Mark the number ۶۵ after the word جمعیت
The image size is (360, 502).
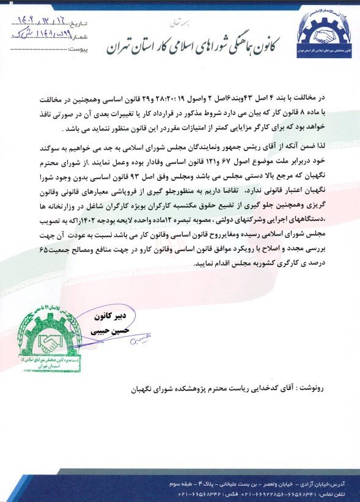pos(200,253)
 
